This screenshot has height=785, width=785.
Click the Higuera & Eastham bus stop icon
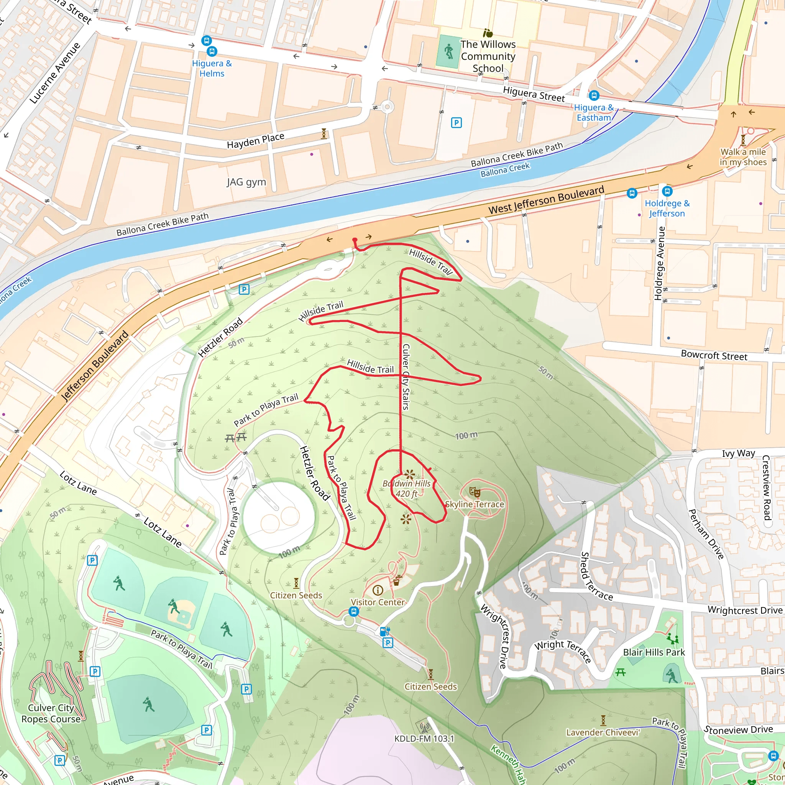[594, 95]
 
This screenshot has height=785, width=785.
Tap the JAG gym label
[246, 182]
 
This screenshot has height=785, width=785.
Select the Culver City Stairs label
[406, 376]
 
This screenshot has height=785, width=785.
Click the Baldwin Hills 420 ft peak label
[406, 488]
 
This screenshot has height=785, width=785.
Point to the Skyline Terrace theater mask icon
[475, 493]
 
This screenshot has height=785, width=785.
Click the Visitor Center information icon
[378, 590]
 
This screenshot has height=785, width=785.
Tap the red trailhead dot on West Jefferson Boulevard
[355, 240]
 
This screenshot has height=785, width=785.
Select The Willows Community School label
[488, 56]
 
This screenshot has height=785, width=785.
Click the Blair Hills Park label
[654, 652]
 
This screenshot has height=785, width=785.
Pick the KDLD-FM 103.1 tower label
[424, 738]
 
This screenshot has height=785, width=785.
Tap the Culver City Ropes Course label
[51, 713]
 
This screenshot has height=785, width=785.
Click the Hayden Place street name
[256, 141]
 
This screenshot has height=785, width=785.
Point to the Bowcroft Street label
[714, 356]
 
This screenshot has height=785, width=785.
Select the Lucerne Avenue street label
[55, 73]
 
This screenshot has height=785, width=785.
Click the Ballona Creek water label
[505, 169]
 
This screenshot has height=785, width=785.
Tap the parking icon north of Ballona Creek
[456, 122]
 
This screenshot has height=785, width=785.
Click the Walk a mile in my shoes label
[743, 157]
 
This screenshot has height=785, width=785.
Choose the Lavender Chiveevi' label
[603, 732]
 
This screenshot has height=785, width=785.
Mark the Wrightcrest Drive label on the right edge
[745, 610]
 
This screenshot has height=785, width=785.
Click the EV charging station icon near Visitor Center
[384, 631]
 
